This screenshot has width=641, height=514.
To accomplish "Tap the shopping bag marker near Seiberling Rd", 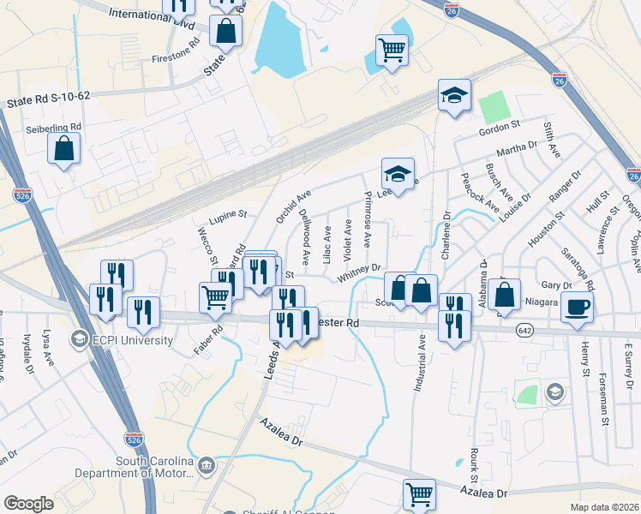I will tap(63, 148).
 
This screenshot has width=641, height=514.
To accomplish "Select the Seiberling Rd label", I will tap(53, 127).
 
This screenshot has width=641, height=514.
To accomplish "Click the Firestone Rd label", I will tap(176, 51).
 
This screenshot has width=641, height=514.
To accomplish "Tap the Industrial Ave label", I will tap(421, 363).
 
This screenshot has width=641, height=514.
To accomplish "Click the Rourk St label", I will tap(472, 463).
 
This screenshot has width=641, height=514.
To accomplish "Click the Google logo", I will tap(28, 503).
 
